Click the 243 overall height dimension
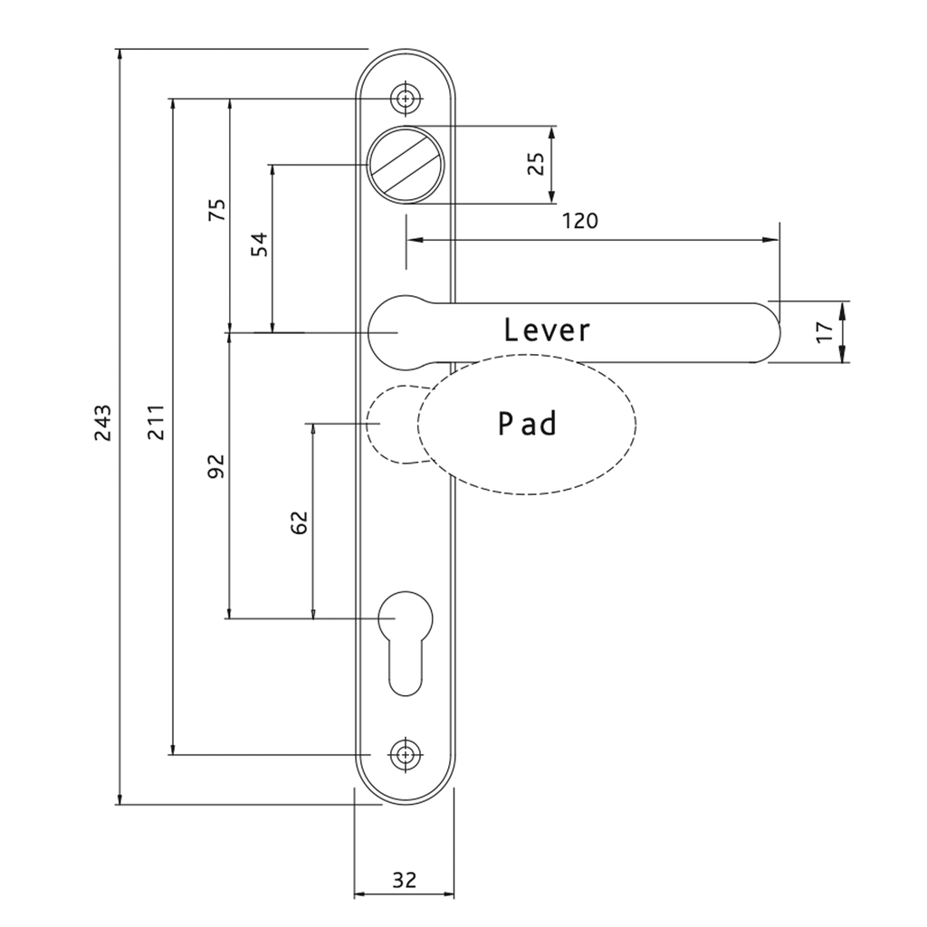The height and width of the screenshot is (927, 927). pyautogui.click(x=102, y=423)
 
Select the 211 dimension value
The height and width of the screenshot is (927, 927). pyautogui.click(x=156, y=422)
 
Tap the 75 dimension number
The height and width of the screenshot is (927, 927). pyautogui.click(x=217, y=210)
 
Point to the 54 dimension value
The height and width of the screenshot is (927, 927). pyautogui.click(x=259, y=244)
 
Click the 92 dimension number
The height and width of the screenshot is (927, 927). pyautogui.click(x=217, y=466)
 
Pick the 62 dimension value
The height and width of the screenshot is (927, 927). pyautogui.click(x=300, y=522)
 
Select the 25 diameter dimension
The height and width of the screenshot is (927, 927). pyautogui.click(x=535, y=164)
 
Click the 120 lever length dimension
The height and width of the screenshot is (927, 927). pyautogui.click(x=580, y=221)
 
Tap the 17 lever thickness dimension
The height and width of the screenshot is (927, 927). pyautogui.click(x=824, y=331)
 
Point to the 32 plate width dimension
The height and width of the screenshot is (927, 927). pyautogui.click(x=405, y=880)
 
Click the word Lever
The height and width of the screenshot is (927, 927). pyautogui.click(x=547, y=330)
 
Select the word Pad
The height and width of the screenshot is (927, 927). pyautogui.click(x=528, y=424)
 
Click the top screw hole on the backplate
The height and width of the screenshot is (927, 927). pyautogui.click(x=406, y=98)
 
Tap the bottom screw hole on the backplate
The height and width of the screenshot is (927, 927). pyautogui.click(x=406, y=755)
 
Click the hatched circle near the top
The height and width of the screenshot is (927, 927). pyautogui.click(x=406, y=165)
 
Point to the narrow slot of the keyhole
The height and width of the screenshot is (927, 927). pyautogui.click(x=406, y=668)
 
